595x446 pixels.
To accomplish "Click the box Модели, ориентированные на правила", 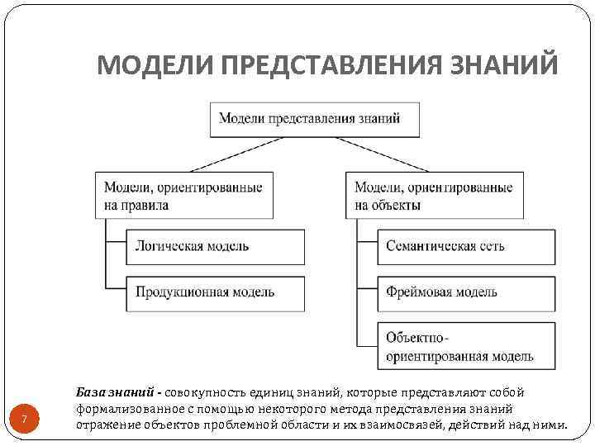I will (183, 196).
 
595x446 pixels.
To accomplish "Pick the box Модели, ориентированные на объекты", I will (434, 196).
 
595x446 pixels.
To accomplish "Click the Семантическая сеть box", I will (465, 246).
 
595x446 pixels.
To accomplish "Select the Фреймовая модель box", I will (465, 292).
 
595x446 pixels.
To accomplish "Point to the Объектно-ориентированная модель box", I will (465, 347).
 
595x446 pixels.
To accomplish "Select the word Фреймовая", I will (416, 292).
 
